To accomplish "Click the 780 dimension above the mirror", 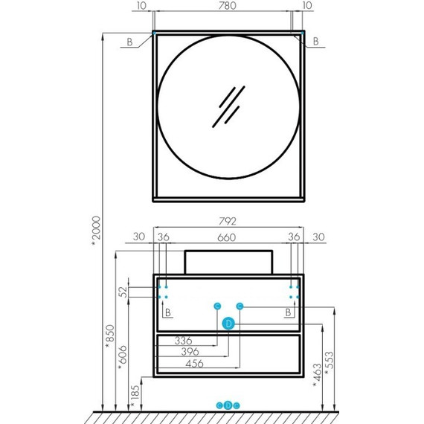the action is point(227,5).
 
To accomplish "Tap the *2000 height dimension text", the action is point(96,231).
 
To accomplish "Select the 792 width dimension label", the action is point(228,221).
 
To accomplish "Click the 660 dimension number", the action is point(227,237).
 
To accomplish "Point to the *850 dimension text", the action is point(110,336).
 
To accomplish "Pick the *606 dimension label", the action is point(123,357).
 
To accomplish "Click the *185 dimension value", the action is point(135,396).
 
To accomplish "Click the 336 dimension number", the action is point(183,341).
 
